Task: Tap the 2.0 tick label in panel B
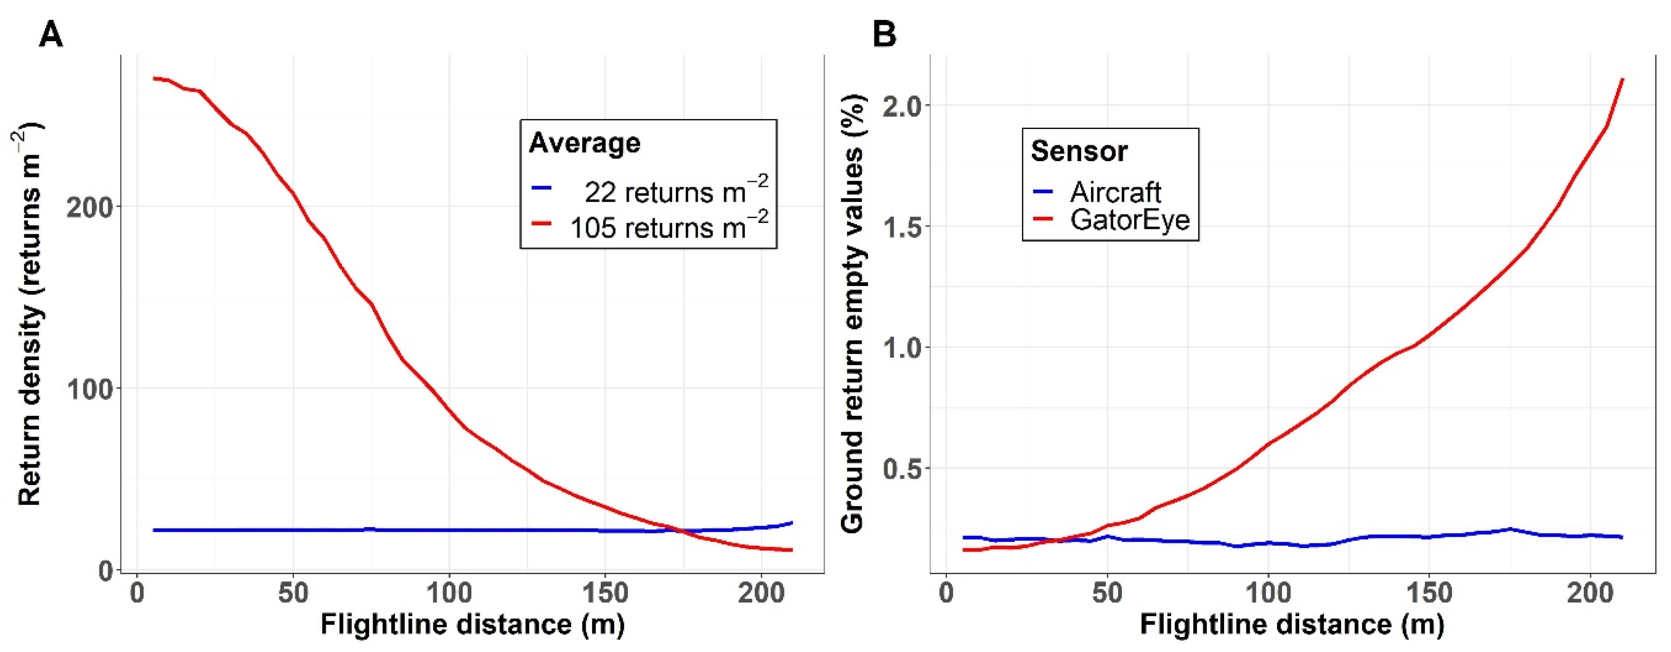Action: (902, 106)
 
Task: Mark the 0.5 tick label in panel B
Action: (902, 468)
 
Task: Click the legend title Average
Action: (584, 143)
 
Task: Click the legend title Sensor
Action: (1079, 151)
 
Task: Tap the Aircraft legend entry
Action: (1115, 192)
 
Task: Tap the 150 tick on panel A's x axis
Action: (604, 594)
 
